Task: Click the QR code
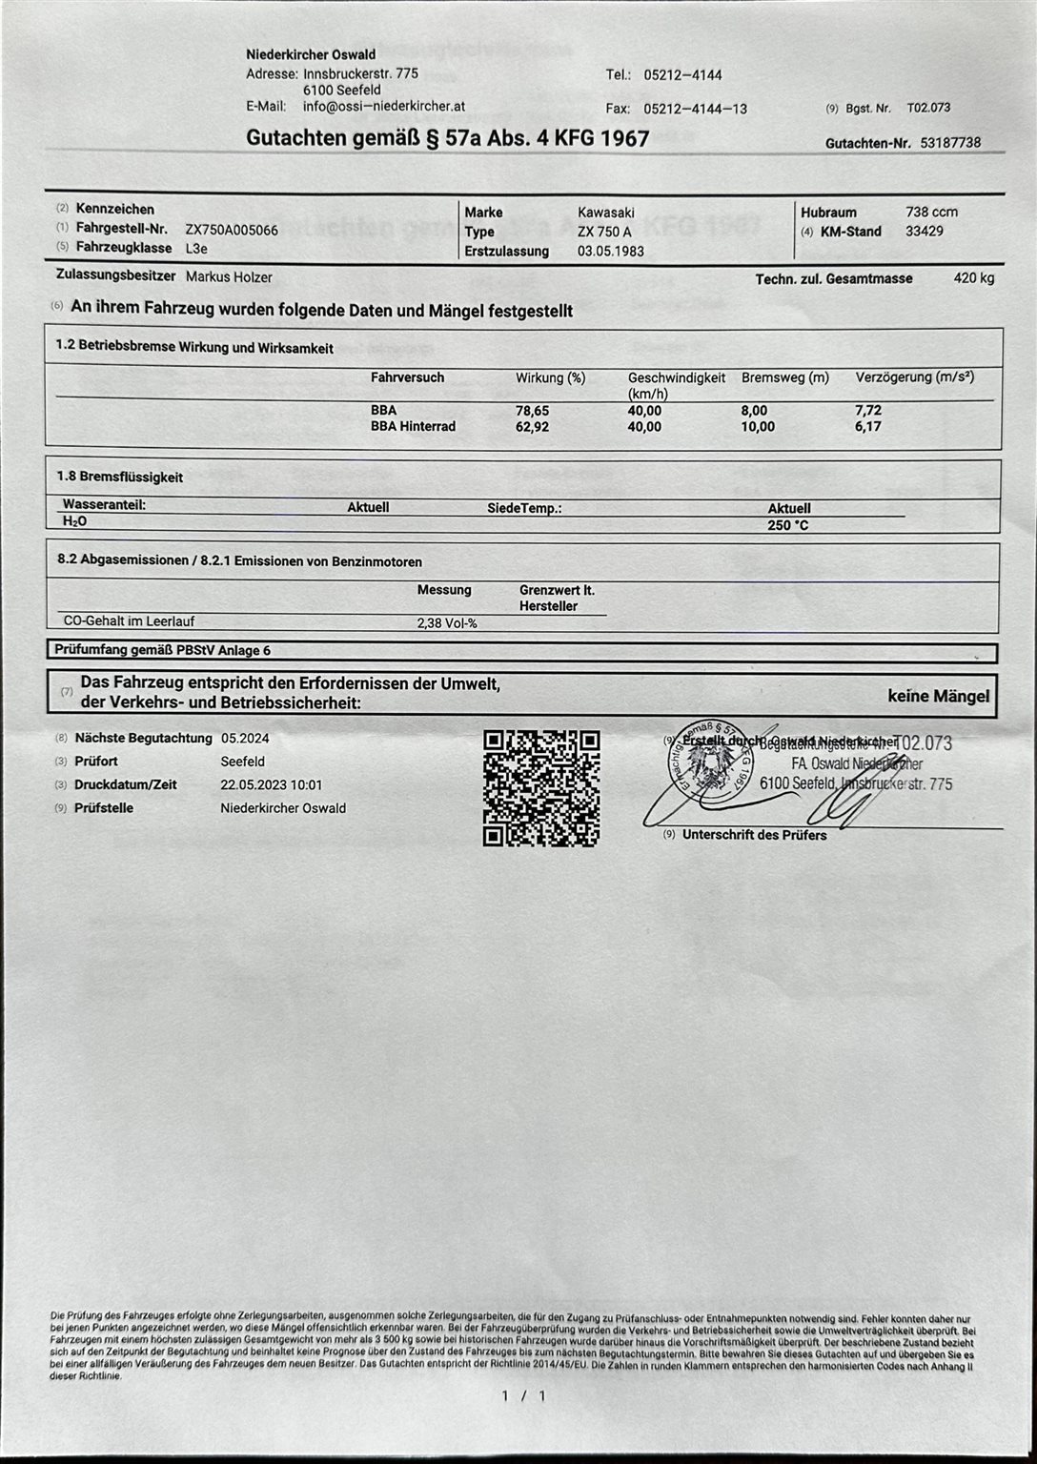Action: (541, 787)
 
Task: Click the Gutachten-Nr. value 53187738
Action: (949, 143)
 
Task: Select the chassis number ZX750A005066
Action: (232, 230)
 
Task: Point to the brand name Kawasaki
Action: (605, 213)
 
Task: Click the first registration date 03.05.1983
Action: (610, 252)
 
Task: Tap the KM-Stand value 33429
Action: (924, 232)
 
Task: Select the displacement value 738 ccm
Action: (931, 212)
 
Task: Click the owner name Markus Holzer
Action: (229, 277)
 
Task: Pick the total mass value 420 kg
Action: (973, 278)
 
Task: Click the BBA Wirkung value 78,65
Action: (532, 411)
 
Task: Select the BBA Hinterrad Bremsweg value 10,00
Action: (758, 427)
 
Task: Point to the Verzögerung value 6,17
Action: (867, 427)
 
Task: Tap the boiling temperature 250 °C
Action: (788, 525)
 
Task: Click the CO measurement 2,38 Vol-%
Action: (446, 623)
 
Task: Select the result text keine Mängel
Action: (938, 697)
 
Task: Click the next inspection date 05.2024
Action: (245, 739)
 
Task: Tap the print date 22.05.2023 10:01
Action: (271, 785)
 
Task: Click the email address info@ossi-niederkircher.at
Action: (384, 107)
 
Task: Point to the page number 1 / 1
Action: (523, 1396)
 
